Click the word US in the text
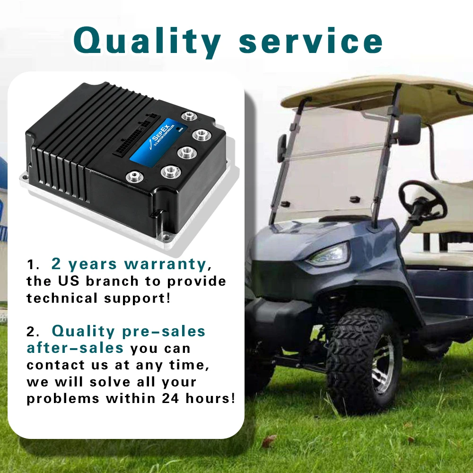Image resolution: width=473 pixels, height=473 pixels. pos(68,281)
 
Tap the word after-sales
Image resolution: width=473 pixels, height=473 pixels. pos(75,348)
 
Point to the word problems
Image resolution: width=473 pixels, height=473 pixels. pos(63,399)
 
